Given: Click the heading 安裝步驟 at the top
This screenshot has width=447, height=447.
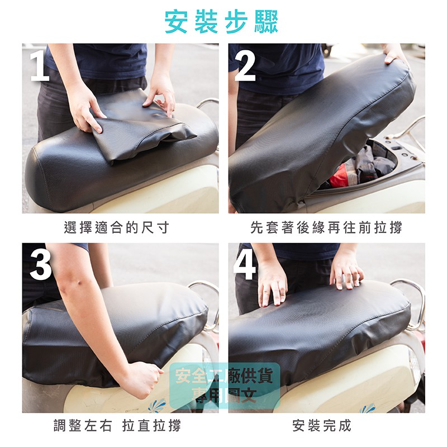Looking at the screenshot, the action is tap(221, 22).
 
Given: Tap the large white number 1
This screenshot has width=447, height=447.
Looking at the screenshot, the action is tap(39, 66).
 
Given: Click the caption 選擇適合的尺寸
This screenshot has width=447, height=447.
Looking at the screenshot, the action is tap(117, 227).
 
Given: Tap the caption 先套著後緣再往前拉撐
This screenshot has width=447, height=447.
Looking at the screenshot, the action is tap(326, 227).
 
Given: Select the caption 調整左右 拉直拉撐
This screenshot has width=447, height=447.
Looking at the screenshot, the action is tap(117, 426).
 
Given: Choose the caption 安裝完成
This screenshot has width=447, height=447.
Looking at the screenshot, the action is tap(322, 426).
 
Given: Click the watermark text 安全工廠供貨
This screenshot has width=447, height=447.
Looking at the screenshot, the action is tap(225, 375).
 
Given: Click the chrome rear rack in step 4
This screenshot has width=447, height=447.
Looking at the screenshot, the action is tap(411, 302).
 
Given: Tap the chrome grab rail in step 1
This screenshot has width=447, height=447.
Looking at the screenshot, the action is tap(207, 104).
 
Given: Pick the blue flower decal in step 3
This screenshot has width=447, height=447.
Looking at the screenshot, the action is tap(157, 405).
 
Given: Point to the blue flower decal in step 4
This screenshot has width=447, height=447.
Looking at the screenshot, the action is tap(367, 408).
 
